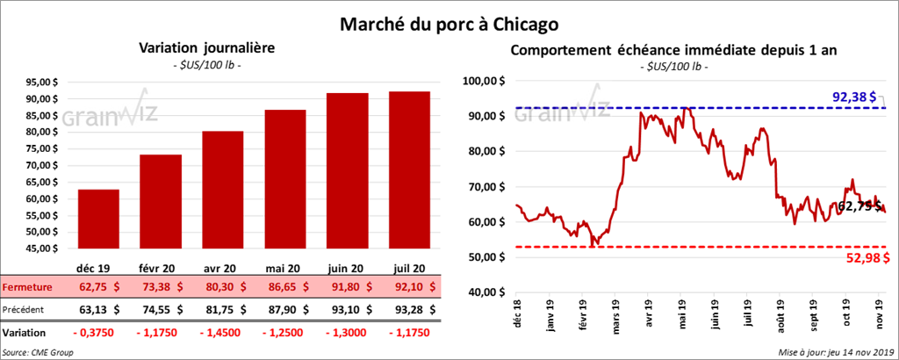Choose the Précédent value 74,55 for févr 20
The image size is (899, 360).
(160, 309)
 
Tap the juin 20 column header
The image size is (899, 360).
(348, 267)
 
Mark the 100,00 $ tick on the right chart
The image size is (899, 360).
(486, 81)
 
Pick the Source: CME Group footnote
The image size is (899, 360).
(39, 352)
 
